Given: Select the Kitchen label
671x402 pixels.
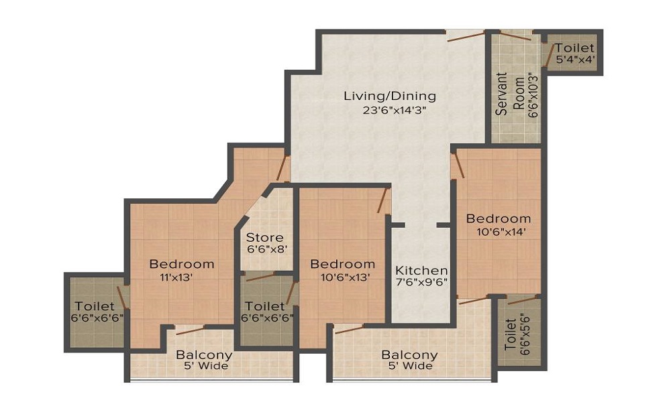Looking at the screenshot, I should (x=421, y=269).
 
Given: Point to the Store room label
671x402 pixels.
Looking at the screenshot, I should (x=264, y=237).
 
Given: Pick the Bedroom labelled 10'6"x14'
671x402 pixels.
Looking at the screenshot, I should (x=499, y=218).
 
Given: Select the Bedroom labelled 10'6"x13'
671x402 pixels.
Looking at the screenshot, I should (x=342, y=264).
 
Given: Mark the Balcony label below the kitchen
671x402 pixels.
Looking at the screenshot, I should (x=409, y=354).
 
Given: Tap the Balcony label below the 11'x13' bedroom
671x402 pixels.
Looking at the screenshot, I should (x=204, y=354).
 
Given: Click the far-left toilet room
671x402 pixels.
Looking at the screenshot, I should (x=94, y=311).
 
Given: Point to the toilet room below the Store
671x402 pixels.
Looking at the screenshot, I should (x=267, y=312).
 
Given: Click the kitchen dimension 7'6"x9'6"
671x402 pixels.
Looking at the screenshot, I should (x=421, y=282).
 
